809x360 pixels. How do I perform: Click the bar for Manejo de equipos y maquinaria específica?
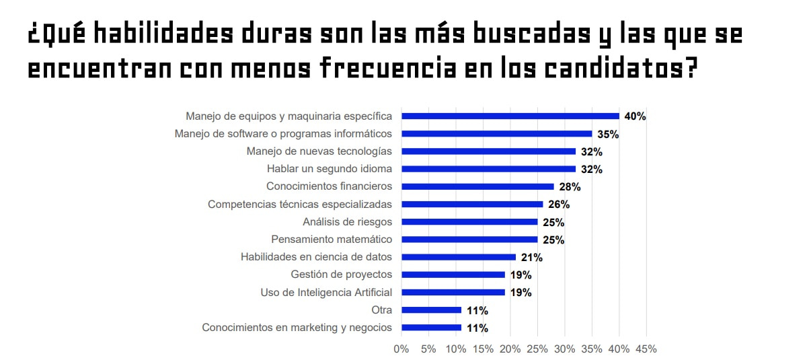(x=510, y=116)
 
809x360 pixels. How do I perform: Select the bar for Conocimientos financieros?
(x=477, y=186)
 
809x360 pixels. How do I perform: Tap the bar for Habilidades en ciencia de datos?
(x=458, y=257)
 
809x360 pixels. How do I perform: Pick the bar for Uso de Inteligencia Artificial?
(x=453, y=292)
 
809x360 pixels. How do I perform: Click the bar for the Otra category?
(x=431, y=310)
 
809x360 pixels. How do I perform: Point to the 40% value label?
(x=635, y=116)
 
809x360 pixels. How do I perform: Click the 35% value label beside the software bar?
(x=608, y=134)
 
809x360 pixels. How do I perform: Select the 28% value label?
(x=570, y=186)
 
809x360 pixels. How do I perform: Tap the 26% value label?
(x=559, y=205)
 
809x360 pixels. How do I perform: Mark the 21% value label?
(x=531, y=257)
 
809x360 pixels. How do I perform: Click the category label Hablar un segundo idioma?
(x=329, y=169)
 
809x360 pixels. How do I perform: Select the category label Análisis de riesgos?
(x=347, y=222)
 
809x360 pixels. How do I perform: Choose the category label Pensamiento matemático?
(x=331, y=240)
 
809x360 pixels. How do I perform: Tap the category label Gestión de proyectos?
(x=341, y=275)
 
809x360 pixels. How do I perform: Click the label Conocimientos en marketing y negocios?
(x=297, y=328)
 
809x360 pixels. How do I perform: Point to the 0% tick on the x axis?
(x=401, y=349)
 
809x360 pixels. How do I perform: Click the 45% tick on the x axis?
(x=646, y=349)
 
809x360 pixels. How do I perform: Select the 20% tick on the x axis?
(x=510, y=349)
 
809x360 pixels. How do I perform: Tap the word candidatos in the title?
(x=617, y=69)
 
